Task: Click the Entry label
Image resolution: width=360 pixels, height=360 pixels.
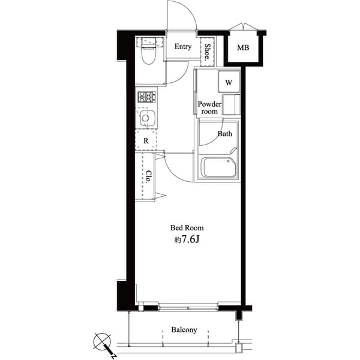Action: [183, 47]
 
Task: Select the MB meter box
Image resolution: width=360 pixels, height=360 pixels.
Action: [242, 48]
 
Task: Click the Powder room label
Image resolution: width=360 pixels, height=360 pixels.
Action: [209, 107]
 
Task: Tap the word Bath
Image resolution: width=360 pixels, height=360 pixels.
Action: [224, 134]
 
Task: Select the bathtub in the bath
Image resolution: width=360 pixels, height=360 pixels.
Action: [219, 167]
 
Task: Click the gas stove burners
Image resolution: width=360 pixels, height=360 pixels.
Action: [146, 97]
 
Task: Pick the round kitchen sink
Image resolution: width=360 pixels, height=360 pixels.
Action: [146, 118]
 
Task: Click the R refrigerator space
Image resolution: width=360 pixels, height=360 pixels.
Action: [146, 141]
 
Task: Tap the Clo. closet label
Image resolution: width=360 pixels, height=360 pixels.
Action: [148, 176]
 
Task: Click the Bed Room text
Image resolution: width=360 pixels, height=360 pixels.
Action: [187, 228]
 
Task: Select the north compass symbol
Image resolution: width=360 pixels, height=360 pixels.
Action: [103, 343]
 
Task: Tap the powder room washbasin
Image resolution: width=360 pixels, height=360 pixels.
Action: [231, 104]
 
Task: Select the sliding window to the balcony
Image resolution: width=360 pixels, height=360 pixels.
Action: [187, 307]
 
